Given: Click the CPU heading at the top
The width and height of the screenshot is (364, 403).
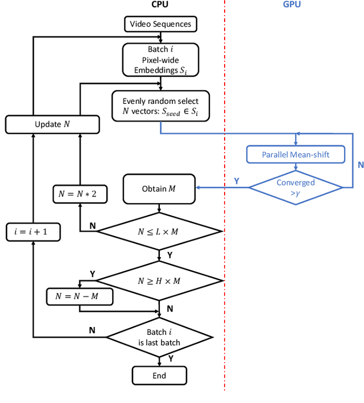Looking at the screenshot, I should pos(159,5).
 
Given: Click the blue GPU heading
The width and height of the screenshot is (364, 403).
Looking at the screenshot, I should pos(292,5).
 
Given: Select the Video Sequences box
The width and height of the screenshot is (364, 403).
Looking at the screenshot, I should pos(161,24).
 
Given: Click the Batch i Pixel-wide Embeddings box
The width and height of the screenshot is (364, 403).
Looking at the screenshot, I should pos(161,60).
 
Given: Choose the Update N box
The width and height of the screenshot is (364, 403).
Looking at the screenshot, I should pos(52,124).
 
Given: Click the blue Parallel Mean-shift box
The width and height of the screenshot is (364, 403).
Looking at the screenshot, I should pos(295,154).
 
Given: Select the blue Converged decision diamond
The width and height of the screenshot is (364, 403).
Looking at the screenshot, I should pos(295,187).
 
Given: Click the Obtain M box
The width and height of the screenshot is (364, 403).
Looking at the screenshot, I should pos(159,188).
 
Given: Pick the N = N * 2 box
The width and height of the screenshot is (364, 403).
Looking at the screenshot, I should pos(78,194).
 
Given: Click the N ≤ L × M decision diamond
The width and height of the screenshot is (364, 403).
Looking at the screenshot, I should pos(159,231).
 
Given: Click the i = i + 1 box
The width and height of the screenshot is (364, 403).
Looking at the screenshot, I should pos(32,232).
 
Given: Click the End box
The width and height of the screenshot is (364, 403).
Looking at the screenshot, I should pos(159,376).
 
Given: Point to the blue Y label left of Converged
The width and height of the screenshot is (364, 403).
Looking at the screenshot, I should pos(237,181).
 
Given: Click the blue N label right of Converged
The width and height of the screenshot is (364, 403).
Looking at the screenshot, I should pos(360,165).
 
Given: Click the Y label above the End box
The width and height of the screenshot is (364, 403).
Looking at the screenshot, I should pos(171,359).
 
